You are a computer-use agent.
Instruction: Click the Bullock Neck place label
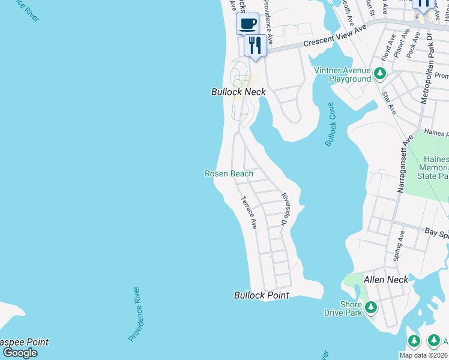[x=238, y=92]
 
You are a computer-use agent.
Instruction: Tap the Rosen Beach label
[x=229, y=173]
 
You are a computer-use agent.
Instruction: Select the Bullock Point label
[x=261, y=295]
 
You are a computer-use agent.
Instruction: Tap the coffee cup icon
[x=247, y=24]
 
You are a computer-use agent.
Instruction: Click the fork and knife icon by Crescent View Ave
[x=255, y=46]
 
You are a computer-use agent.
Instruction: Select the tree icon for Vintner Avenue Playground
[x=379, y=74]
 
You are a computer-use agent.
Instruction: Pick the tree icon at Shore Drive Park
[x=370, y=308]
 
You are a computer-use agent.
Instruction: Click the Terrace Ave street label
[x=249, y=213]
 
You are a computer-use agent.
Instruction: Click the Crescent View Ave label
[x=334, y=37]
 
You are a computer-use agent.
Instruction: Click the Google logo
[x=20, y=352]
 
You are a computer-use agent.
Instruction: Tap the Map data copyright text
[x=424, y=355]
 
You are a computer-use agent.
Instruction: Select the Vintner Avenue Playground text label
[x=343, y=74]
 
